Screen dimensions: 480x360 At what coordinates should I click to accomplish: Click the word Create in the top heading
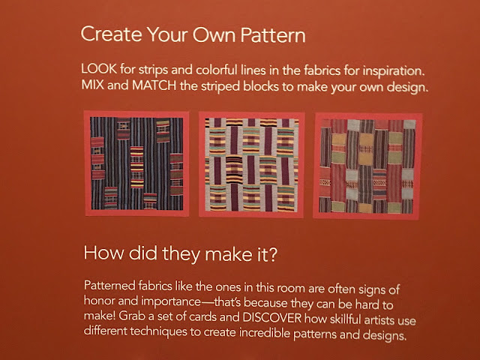click(x=112, y=34)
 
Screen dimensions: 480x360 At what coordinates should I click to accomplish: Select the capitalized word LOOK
click(x=99, y=68)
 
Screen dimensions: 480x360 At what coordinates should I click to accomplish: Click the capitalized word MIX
click(x=92, y=85)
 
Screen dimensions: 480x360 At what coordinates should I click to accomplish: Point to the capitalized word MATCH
click(x=154, y=85)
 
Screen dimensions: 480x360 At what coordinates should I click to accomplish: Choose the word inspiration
click(x=394, y=71)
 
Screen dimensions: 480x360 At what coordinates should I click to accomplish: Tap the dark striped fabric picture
click(x=136, y=163)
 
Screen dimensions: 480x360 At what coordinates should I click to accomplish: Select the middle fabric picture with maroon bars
click(x=251, y=165)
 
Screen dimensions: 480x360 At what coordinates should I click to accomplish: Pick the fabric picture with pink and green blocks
click(x=367, y=166)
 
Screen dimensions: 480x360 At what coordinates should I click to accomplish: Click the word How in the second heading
click(x=103, y=253)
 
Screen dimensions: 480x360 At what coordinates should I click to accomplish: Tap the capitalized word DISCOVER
click(x=272, y=318)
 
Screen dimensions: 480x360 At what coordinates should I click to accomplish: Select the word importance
click(x=171, y=301)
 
